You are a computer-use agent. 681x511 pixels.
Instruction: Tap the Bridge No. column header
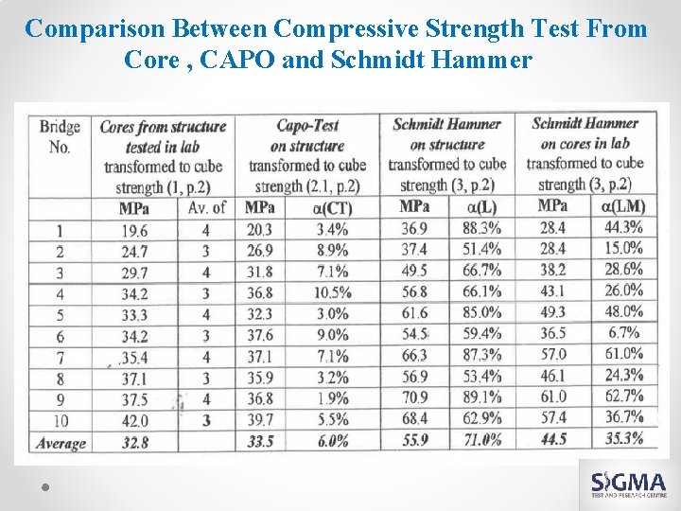(59, 136)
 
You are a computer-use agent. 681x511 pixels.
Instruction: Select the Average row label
(61, 442)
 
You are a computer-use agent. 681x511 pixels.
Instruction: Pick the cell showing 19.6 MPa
(134, 230)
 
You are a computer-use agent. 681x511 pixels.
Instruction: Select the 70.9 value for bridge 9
(413, 397)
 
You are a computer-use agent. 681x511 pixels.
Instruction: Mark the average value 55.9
(414, 440)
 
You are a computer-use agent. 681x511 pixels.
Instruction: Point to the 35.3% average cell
(622, 438)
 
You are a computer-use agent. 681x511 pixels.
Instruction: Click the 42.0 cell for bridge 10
(134, 420)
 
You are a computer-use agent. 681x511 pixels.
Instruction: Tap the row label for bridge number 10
(60, 420)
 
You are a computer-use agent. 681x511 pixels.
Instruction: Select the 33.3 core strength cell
(134, 314)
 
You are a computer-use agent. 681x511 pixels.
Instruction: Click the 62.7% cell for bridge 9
(623, 396)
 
